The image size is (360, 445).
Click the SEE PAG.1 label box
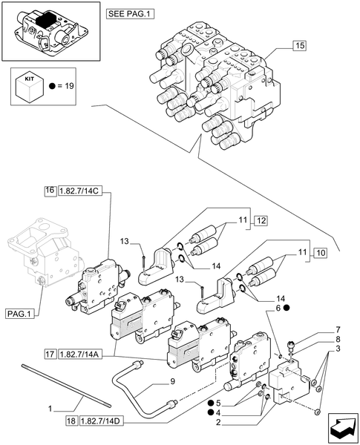click(131, 14)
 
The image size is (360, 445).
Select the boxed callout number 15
click(299, 45)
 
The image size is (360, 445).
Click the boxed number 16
click(50, 191)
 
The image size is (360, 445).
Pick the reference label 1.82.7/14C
click(79, 191)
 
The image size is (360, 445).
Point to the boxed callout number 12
click(261, 220)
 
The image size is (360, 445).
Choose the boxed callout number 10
click(320, 253)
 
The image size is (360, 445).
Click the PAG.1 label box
click(19, 314)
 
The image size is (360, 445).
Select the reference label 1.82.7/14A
click(79, 355)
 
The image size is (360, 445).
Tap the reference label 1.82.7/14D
click(102, 421)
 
